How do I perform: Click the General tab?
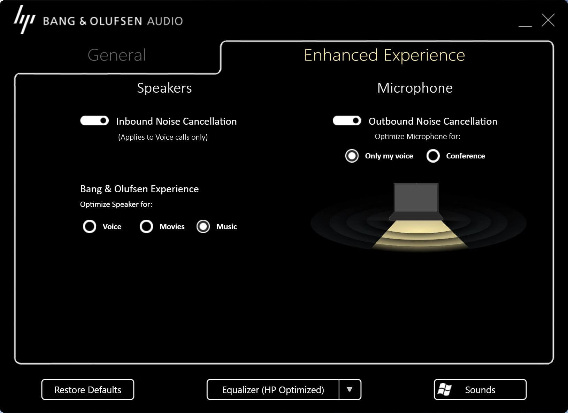click(117, 55)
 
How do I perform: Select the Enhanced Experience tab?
click(384, 55)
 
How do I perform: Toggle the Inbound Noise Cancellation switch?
click(94, 120)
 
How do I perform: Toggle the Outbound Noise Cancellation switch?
click(347, 120)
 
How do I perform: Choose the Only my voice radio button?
click(352, 156)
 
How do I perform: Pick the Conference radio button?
click(433, 156)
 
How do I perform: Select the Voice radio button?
click(90, 226)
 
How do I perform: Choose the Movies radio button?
click(146, 226)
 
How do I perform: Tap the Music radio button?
click(203, 226)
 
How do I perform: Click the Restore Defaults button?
click(88, 389)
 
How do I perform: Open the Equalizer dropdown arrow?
click(350, 389)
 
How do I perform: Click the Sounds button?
click(480, 389)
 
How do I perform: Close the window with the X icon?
click(548, 20)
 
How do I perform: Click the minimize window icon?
click(525, 26)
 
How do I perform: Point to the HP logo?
click(25, 20)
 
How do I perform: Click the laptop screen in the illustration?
click(416, 198)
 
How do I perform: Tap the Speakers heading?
click(164, 88)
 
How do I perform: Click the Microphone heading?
click(415, 88)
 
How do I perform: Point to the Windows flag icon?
click(445, 389)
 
